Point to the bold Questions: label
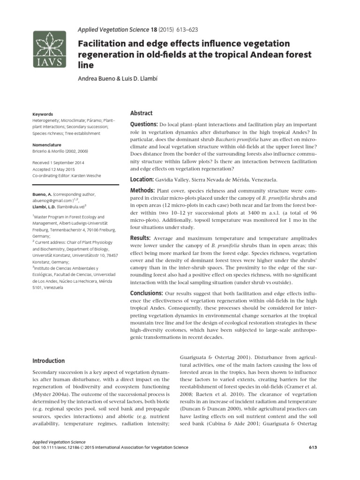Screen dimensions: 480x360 pyautogui.click(x=143, y=124)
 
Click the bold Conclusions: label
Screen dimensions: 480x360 pyautogui.click(x=147, y=293)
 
